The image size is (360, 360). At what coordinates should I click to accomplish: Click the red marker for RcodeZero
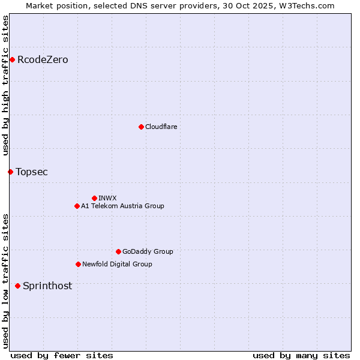pyautogui.click(x=12, y=59)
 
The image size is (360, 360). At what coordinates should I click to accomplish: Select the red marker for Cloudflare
pyautogui.click(x=141, y=127)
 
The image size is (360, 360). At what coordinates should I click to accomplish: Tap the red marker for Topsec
pyautogui.click(x=10, y=172)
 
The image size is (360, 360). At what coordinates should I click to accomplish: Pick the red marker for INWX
pyautogui.click(x=94, y=198)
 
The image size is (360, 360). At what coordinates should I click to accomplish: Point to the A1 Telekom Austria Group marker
pyautogui.click(x=77, y=206)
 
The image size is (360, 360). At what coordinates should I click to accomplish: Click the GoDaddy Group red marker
pyautogui.click(x=118, y=251)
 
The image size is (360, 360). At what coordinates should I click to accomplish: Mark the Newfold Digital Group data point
pyautogui.click(x=78, y=264)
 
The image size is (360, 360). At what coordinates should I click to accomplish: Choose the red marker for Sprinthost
pyautogui.click(x=17, y=286)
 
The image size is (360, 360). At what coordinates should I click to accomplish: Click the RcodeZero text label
pyautogui.click(x=43, y=59)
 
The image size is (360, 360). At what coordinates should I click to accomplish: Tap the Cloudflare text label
pyautogui.click(x=161, y=127)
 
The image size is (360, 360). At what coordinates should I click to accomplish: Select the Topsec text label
pyautogui.click(x=32, y=172)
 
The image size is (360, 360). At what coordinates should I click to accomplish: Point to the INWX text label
pyautogui.click(x=107, y=198)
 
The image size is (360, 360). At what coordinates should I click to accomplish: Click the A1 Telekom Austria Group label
pyautogui.click(x=122, y=206)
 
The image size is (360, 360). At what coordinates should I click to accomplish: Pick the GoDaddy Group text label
pyautogui.click(x=148, y=251)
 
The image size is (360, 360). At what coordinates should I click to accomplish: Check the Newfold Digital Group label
pyautogui.click(x=117, y=264)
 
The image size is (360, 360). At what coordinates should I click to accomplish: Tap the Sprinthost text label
pyautogui.click(x=47, y=286)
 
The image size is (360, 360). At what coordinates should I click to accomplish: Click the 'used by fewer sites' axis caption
pyautogui.click(x=62, y=355)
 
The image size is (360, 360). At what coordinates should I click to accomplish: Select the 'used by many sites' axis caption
pyautogui.click(x=301, y=355)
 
